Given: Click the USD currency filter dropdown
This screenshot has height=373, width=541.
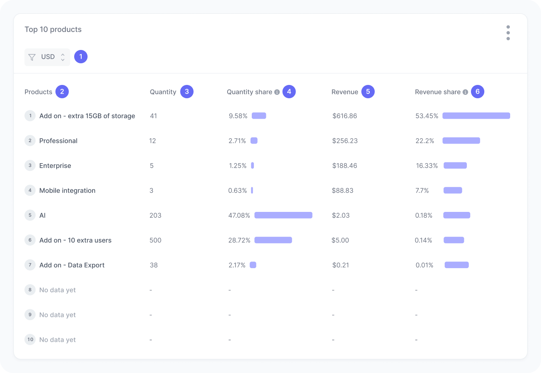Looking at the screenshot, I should [x=47, y=57].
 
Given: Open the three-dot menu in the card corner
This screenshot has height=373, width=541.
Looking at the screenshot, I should [x=508, y=33].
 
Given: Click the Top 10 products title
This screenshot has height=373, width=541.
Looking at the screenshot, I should [x=53, y=30].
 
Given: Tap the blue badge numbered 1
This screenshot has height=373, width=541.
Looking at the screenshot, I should [x=81, y=57].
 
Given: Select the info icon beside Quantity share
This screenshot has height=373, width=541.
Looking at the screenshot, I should [x=277, y=92].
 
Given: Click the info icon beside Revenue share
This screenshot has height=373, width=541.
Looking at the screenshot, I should [x=465, y=92].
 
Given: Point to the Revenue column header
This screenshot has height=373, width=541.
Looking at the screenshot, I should [x=345, y=92].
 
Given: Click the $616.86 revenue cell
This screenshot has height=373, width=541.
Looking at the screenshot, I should [x=345, y=116].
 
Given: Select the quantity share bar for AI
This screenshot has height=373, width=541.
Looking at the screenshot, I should [x=283, y=215].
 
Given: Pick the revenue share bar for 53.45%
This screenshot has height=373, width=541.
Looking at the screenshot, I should [x=476, y=116].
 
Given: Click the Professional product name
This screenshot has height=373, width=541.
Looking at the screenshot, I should [x=58, y=141].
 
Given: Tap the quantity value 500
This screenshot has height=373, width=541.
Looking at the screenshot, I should [x=155, y=240].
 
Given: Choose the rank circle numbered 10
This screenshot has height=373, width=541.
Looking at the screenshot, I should [x=30, y=340].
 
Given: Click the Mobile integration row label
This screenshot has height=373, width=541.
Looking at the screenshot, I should [x=67, y=191].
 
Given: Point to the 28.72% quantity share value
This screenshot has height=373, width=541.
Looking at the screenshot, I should [x=239, y=240].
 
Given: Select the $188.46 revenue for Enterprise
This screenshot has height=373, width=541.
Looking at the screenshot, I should [x=345, y=166].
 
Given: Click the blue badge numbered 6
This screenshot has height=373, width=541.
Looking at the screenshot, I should [x=478, y=92].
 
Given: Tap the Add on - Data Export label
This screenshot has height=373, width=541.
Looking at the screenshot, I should [x=72, y=265].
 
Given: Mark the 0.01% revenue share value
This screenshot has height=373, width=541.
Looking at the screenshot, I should [x=424, y=265].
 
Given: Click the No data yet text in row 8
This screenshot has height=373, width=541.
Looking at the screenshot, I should [x=58, y=290].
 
